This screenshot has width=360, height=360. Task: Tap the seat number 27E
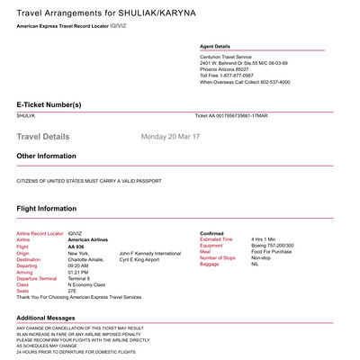click(x=73, y=289)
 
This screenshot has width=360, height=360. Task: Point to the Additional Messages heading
click(x=55, y=318)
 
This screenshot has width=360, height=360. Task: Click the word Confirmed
click(x=212, y=232)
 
